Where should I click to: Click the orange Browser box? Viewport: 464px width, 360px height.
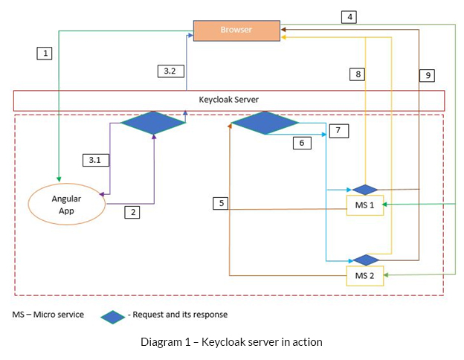coord(236,30)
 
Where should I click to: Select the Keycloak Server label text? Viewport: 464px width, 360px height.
coord(228,100)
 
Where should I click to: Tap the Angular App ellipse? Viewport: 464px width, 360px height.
coord(66,204)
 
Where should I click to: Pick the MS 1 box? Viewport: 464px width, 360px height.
coord(365,205)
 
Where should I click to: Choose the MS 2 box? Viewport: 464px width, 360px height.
coord(365,276)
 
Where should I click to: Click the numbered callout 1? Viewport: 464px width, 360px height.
coord(46,53)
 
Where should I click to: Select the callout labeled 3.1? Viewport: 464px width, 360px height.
coord(94,160)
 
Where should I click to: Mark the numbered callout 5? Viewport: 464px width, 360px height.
coord(220,202)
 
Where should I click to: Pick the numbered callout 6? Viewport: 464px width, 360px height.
coord(302,143)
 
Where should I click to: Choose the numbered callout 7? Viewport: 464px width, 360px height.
coord(338,130)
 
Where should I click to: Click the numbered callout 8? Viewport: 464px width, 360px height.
coord(358,74)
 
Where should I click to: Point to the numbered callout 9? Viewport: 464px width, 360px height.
coord(427,75)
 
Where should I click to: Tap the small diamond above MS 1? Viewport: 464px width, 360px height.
coord(365,190)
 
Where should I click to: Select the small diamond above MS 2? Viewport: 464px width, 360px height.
coord(365,260)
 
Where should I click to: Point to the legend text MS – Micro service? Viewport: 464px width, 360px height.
coord(48,315)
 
